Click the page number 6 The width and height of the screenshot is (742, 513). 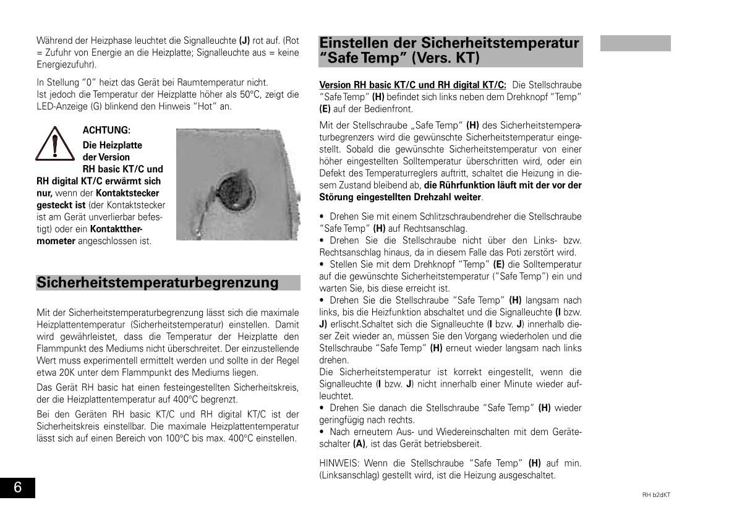click(x=17, y=488)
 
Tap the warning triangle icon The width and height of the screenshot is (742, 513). click(x=54, y=144)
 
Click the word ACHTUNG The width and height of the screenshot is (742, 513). click(x=106, y=130)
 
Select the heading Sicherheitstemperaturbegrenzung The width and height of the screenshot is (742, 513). click(x=158, y=283)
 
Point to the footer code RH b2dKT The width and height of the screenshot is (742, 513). click(x=656, y=494)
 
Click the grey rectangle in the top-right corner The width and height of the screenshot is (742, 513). click(x=635, y=43)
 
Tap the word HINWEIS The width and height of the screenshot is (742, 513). click(x=339, y=463)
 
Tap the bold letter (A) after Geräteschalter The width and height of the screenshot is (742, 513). click(x=359, y=444)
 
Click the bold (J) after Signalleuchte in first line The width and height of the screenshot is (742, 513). click(x=244, y=41)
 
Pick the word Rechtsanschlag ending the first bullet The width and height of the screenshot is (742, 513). click(x=437, y=228)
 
